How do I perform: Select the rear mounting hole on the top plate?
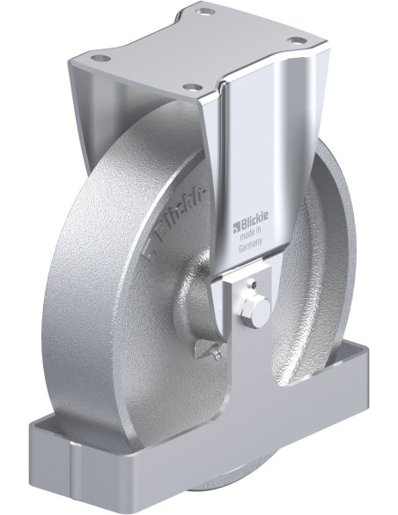[x=204, y=13]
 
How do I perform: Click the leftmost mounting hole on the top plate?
[x=99, y=58]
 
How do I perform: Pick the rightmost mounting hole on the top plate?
[x=298, y=41]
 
